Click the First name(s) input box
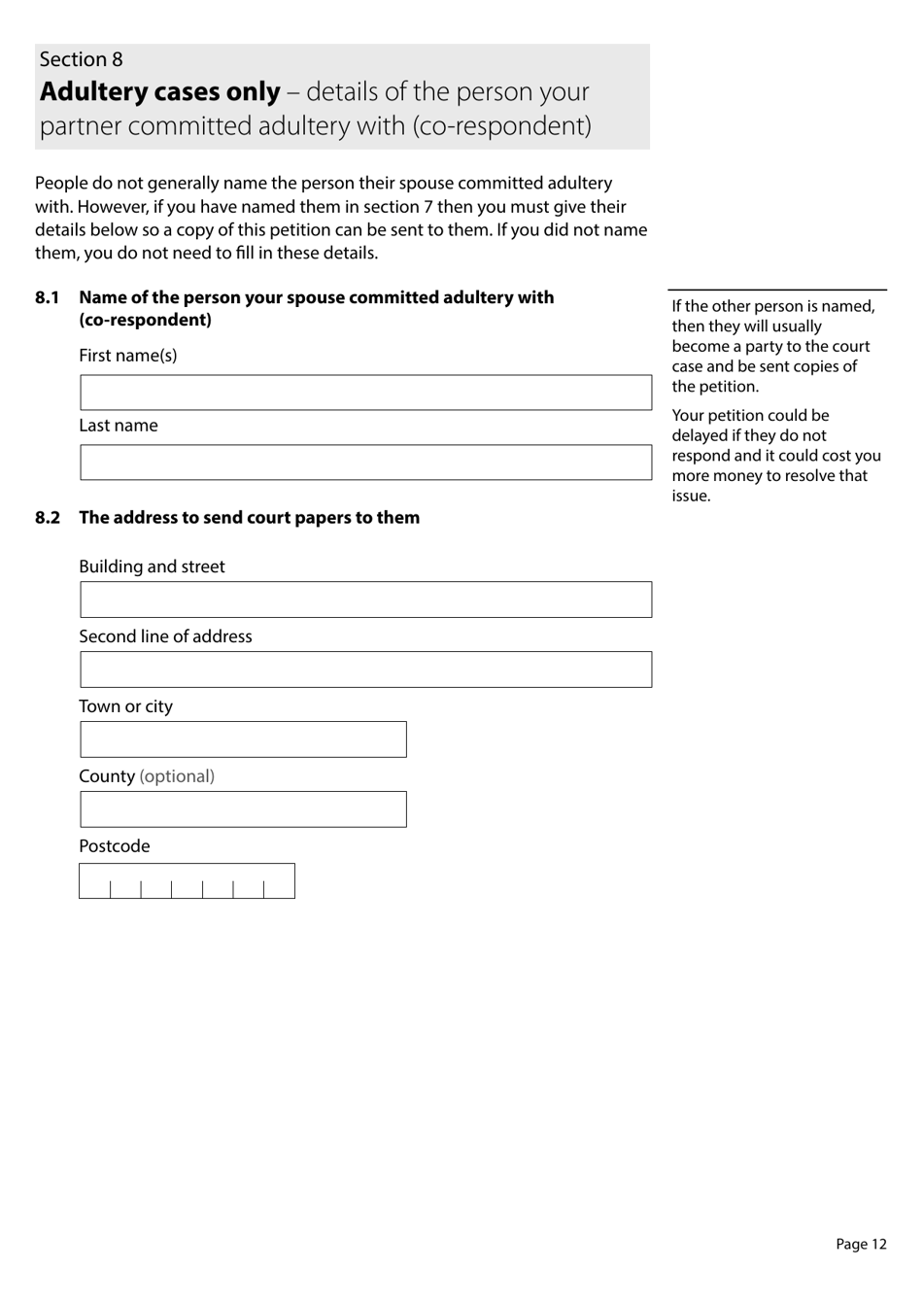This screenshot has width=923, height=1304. (x=365, y=393)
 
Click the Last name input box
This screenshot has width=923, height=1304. (x=365, y=463)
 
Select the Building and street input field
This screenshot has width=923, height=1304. (x=365, y=600)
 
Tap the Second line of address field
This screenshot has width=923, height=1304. (x=365, y=669)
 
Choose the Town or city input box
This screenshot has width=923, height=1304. (x=243, y=739)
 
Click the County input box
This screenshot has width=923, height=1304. (x=243, y=809)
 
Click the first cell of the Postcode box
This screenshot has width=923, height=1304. (x=95, y=882)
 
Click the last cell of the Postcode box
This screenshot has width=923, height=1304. (x=279, y=882)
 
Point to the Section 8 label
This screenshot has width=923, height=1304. (x=82, y=59)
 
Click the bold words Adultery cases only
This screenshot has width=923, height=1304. (x=160, y=92)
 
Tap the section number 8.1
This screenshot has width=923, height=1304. (x=48, y=297)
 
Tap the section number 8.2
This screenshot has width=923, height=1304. (x=48, y=518)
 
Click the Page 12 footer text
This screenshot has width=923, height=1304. (x=861, y=1244)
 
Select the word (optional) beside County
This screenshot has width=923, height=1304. (x=177, y=776)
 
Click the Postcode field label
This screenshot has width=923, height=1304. (x=115, y=846)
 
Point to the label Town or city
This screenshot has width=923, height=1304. (x=125, y=706)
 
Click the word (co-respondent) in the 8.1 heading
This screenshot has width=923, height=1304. (x=145, y=321)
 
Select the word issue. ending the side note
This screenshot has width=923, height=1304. (x=691, y=496)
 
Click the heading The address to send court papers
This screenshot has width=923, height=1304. (x=249, y=518)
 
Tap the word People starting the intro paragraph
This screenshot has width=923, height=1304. (x=59, y=184)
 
